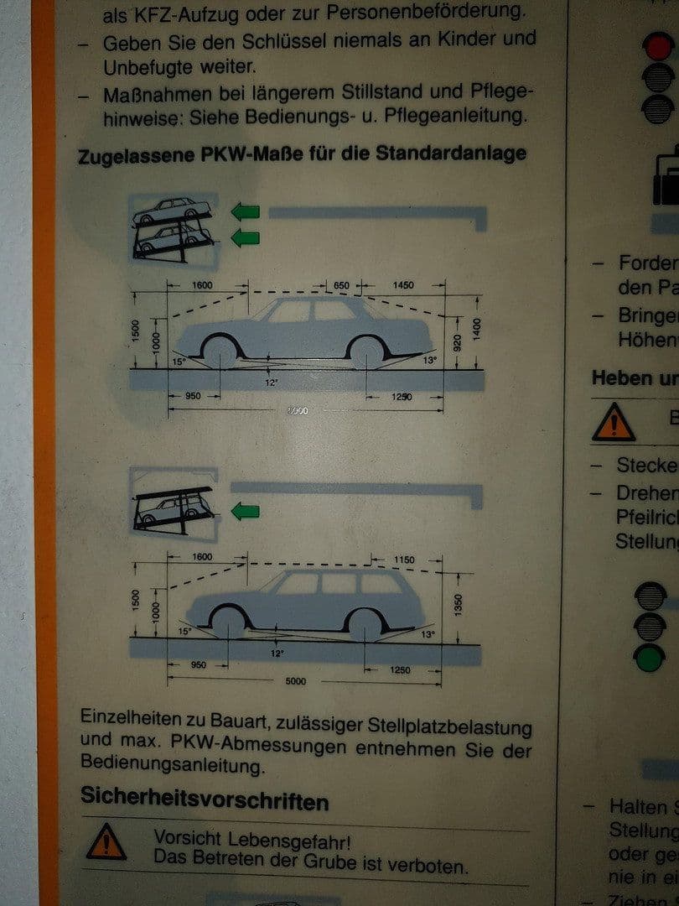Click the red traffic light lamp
(659, 45)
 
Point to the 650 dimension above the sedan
(341, 286)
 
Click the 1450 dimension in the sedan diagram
(403, 286)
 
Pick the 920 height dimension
(458, 343)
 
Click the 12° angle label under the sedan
(271, 381)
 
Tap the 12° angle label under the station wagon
(277, 653)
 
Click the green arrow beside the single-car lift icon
(246, 511)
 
